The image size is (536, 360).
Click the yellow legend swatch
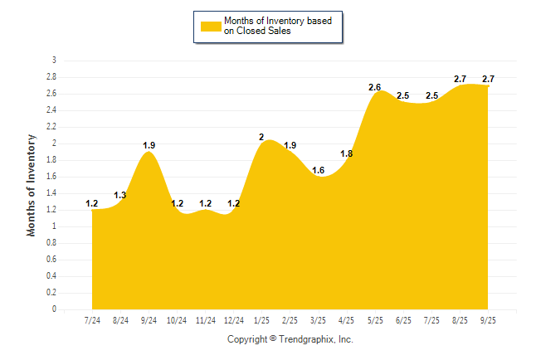click(x=211, y=26)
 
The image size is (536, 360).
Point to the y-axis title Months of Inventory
click(x=32, y=185)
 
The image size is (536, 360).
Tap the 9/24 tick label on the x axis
click(x=149, y=319)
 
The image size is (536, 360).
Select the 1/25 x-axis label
click(x=262, y=319)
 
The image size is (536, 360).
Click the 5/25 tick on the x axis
click(x=375, y=319)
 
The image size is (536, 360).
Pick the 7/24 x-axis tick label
click(x=92, y=319)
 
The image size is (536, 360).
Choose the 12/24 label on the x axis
click(x=234, y=319)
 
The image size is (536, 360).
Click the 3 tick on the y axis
click(x=54, y=61)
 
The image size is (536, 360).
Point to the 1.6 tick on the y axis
click(x=51, y=177)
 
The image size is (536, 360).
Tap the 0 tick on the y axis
click(x=54, y=309)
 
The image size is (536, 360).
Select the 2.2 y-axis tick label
click(x=51, y=127)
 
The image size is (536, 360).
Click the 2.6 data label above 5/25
click(x=375, y=87)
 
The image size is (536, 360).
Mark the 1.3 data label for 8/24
click(x=120, y=195)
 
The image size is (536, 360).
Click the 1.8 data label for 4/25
click(x=347, y=153)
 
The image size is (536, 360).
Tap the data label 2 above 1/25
click(x=262, y=137)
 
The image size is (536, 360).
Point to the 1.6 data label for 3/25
click(x=319, y=170)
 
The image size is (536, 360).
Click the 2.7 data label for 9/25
click(x=488, y=79)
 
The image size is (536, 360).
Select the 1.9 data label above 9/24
click(x=149, y=145)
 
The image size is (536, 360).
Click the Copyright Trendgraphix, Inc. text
click(x=290, y=339)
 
